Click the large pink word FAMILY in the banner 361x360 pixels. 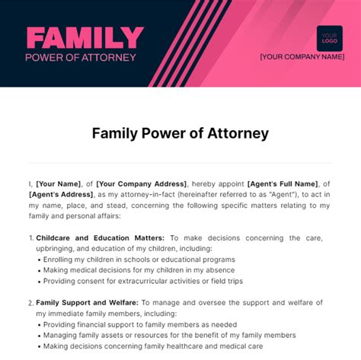tap(85, 37)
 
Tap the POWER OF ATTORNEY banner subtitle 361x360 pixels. tap(81, 57)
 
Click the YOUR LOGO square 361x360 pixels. tap(329, 38)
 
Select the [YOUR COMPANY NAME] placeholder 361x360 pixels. tap(302, 56)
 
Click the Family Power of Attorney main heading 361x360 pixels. tap(180, 134)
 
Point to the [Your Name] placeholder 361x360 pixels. tap(56, 183)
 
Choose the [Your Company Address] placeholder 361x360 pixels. tap(142, 183)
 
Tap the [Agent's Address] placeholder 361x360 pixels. tap(60, 194)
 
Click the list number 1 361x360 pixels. tap(30, 237)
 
